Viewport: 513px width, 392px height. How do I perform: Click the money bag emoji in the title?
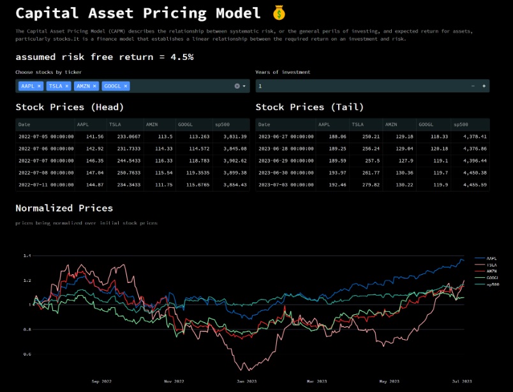279,13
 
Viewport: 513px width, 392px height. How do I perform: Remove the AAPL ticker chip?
39,86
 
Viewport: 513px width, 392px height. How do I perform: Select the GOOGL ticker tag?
112,86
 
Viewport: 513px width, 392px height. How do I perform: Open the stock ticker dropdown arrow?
244,86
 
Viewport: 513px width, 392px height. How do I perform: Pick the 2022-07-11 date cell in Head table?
45,185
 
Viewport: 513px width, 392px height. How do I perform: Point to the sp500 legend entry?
492,284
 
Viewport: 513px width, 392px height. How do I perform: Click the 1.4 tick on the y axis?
27,256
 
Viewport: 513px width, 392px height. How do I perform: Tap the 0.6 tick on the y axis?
27,354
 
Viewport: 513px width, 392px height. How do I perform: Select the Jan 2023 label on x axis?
246,381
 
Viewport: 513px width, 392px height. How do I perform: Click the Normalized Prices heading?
64,208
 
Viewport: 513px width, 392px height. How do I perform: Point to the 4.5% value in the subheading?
182,57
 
